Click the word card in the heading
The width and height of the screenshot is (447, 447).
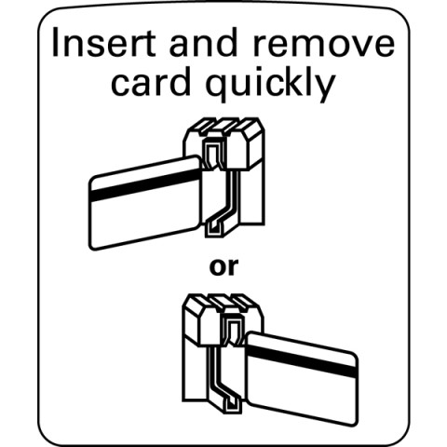(x=151, y=81)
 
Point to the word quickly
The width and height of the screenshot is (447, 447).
(x=270, y=84)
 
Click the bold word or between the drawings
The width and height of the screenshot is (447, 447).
(x=223, y=267)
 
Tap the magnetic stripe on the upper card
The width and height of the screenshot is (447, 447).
(x=145, y=185)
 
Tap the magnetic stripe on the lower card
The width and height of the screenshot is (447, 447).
(x=303, y=361)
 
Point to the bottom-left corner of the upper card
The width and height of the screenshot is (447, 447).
(x=91, y=248)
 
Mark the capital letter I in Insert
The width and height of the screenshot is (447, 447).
(x=56, y=43)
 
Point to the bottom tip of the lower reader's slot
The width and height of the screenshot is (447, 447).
(x=234, y=413)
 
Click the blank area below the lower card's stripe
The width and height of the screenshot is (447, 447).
(x=303, y=394)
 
